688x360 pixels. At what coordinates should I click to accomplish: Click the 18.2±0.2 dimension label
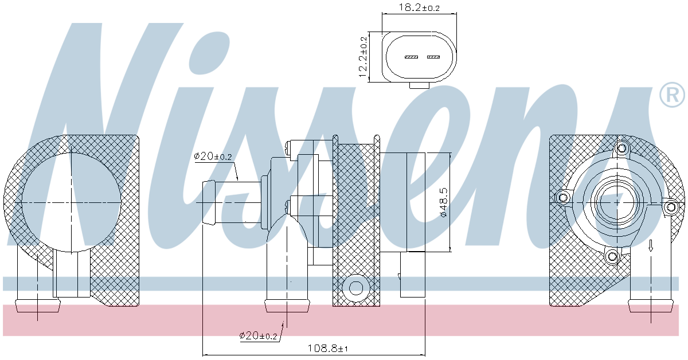[419, 7]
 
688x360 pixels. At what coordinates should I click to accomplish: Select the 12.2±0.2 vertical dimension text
[363, 57]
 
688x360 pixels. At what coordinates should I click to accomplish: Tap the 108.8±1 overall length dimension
[328, 349]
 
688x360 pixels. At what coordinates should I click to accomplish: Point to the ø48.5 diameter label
[444, 203]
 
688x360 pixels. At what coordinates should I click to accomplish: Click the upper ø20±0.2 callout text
[213, 156]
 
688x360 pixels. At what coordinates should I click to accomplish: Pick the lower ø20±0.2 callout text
[259, 336]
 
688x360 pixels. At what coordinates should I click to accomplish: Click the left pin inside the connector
[411, 57]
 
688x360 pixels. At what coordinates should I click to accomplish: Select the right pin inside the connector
[433, 57]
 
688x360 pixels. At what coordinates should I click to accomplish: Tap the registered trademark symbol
[672, 95]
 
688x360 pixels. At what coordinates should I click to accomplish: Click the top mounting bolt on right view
[621, 148]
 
